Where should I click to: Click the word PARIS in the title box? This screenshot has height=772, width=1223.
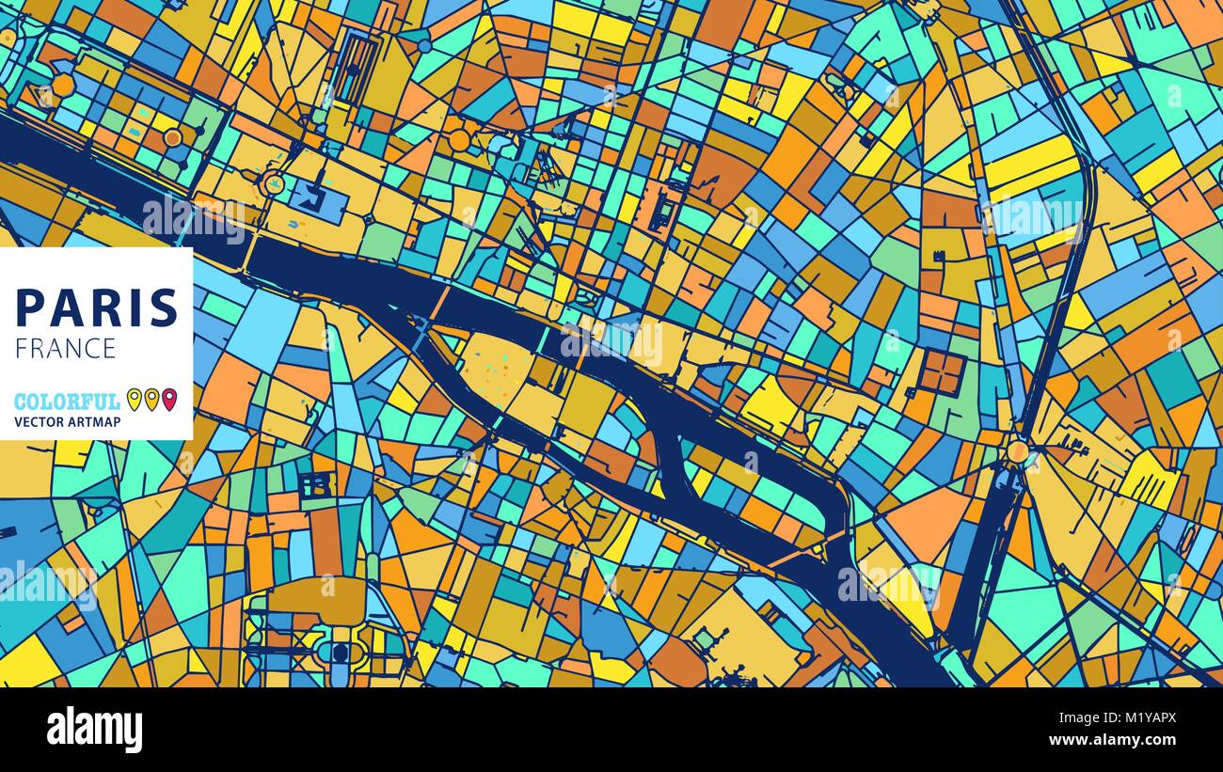[97, 308]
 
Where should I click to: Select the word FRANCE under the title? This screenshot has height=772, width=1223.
[65, 348]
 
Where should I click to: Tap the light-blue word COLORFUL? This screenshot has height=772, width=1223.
[67, 402]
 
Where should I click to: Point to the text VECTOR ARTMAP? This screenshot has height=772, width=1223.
[66, 421]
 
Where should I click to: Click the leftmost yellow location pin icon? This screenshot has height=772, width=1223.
[135, 399]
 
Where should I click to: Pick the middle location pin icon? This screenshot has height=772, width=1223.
[151, 399]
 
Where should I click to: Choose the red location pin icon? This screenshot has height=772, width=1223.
[168, 399]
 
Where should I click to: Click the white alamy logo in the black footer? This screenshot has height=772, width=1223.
[94, 730]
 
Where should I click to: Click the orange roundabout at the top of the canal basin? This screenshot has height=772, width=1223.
[1017, 451]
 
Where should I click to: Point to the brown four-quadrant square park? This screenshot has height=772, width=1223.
[942, 371]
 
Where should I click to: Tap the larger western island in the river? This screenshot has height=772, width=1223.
[508, 376]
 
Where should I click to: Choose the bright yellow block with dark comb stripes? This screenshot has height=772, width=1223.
[1148, 481]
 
